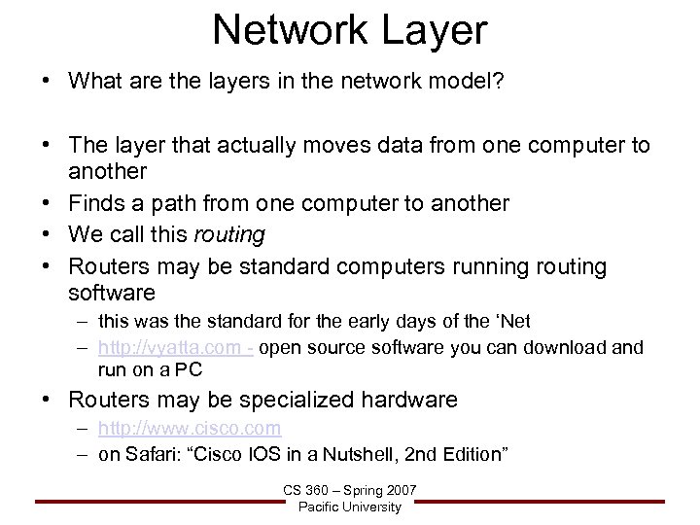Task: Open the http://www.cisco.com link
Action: (190, 428)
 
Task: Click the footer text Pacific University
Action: (350, 507)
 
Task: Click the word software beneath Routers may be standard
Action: (112, 292)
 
